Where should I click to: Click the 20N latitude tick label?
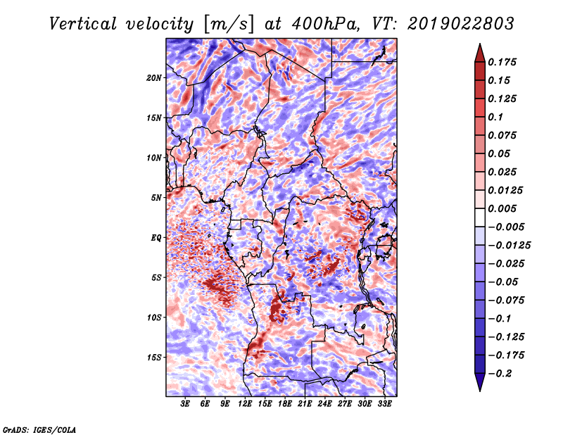click(154, 78)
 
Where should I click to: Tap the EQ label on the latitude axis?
click(156, 238)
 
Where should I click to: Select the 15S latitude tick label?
click(154, 358)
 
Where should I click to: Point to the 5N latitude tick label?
click(156, 198)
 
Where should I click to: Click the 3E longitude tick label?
click(185, 404)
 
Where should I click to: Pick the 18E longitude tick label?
click(285, 404)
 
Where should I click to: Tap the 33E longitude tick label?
click(384, 404)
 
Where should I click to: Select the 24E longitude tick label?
click(324, 404)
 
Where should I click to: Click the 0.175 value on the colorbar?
click(502, 62)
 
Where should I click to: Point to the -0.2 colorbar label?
click(500, 374)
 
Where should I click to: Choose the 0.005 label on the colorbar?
click(502, 208)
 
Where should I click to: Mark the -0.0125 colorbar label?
click(509, 246)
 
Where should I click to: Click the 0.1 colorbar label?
click(495, 117)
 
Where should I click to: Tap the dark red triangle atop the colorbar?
click(480, 53)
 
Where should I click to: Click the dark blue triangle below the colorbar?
click(480, 382)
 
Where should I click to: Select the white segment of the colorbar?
click(480, 217)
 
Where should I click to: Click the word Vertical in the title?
click(83, 24)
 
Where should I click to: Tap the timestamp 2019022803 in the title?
click(461, 24)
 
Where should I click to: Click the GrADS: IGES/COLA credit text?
click(39, 430)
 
